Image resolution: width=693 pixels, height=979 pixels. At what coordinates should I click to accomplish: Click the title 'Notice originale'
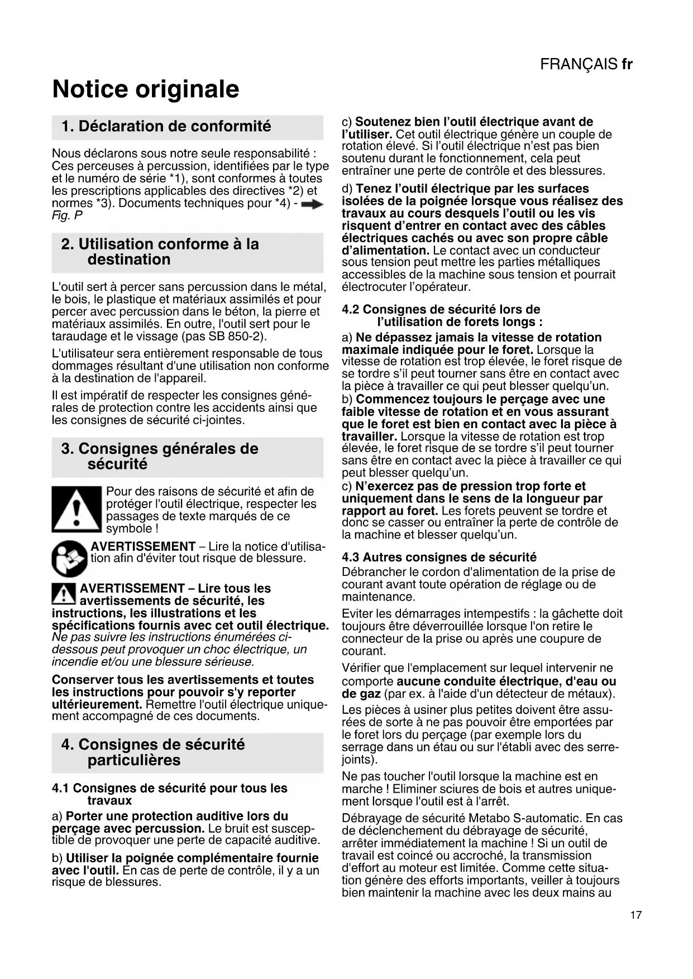pyautogui.click(x=145, y=89)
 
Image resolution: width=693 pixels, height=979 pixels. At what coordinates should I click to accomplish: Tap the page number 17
pyautogui.click(x=635, y=915)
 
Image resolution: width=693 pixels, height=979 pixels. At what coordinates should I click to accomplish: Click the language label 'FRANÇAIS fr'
pyautogui.click(x=586, y=64)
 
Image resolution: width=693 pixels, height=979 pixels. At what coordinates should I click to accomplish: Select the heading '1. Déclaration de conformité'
pyautogui.click(x=166, y=127)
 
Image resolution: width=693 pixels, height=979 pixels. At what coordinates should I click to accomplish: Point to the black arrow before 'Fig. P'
pyautogui.click(x=312, y=205)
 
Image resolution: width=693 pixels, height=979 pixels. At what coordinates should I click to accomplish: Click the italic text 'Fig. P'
pyautogui.click(x=67, y=216)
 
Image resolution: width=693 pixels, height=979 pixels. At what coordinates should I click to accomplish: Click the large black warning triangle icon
pyautogui.click(x=77, y=509)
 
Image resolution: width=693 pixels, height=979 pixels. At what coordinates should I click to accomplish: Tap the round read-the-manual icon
pyautogui.click(x=69, y=558)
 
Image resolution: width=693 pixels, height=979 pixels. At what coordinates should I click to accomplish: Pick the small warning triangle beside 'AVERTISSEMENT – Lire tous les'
pyautogui.click(x=64, y=594)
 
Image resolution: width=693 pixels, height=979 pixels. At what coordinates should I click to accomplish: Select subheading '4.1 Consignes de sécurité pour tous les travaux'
pyautogui.click(x=169, y=794)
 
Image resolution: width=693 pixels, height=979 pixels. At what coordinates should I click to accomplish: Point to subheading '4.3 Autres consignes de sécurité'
pyautogui.click(x=439, y=557)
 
